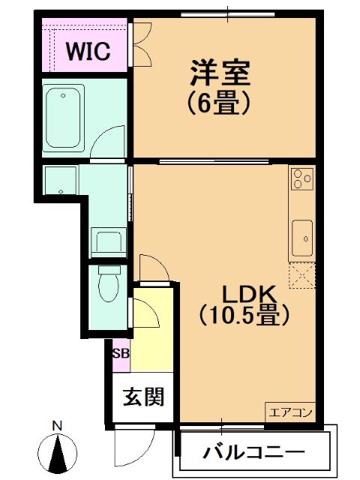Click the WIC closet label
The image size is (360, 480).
88,52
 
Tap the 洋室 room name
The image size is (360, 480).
220,73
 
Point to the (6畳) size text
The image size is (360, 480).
220,103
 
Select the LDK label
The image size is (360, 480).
249,295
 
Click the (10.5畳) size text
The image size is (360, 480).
244,315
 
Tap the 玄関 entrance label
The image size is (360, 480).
144,397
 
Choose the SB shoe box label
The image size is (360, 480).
121,353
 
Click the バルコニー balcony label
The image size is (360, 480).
255,451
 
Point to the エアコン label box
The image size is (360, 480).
290,412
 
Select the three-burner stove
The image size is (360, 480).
302,178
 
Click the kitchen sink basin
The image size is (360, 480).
302,238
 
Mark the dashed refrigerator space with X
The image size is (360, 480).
301,275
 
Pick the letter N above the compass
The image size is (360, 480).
57,427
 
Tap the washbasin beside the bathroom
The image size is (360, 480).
61,180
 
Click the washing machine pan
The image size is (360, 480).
109,242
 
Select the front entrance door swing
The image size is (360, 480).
135,448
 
